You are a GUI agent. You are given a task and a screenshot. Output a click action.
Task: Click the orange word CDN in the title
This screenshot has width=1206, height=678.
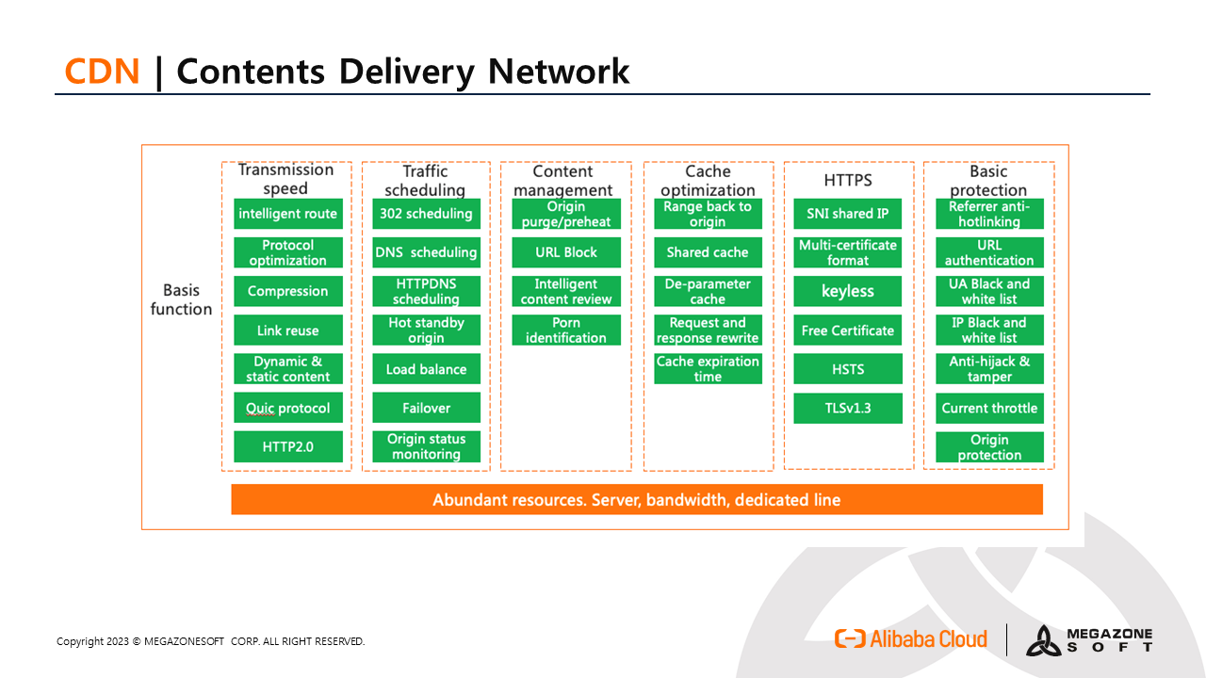[102, 72]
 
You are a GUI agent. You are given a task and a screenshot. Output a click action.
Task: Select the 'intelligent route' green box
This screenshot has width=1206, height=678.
[287, 214]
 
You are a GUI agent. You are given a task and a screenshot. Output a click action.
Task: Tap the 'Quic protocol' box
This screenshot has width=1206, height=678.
[287, 409]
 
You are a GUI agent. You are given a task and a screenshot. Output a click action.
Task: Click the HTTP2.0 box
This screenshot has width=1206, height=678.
[287, 447]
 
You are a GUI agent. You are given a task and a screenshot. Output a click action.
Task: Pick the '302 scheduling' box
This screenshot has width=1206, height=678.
[426, 214]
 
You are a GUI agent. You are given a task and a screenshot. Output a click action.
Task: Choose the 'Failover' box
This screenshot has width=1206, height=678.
[426, 409]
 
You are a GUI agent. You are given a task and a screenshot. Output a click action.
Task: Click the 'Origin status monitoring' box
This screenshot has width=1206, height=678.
[426, 446]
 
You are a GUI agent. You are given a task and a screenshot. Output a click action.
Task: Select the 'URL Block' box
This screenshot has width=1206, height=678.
[566, 252]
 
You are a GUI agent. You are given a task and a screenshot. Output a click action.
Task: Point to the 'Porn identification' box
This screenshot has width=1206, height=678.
[566, 331]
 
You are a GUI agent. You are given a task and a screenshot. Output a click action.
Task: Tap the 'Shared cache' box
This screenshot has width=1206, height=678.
[708, 252]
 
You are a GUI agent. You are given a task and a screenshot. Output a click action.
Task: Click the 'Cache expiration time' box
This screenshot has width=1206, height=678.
[708, 369]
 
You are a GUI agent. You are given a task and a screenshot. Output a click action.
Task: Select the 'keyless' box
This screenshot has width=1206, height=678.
[847, 292]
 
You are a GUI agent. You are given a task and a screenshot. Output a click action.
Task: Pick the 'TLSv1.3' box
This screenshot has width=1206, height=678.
[847, 409]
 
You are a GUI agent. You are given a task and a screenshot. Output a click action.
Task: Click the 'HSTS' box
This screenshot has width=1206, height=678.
[847, 369]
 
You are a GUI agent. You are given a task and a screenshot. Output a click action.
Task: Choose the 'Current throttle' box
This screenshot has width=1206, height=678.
[989, 409]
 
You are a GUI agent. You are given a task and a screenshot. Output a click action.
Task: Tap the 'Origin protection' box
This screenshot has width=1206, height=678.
[989, 447]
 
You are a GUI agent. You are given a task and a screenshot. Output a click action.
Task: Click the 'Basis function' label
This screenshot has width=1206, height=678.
[181, 299]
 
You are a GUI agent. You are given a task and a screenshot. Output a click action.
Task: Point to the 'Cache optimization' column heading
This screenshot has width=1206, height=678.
[708, 180]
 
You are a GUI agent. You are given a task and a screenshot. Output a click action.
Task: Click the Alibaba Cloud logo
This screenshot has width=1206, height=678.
[911, 639]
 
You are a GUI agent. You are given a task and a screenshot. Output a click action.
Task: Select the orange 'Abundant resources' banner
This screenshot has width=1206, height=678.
[637, 500]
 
